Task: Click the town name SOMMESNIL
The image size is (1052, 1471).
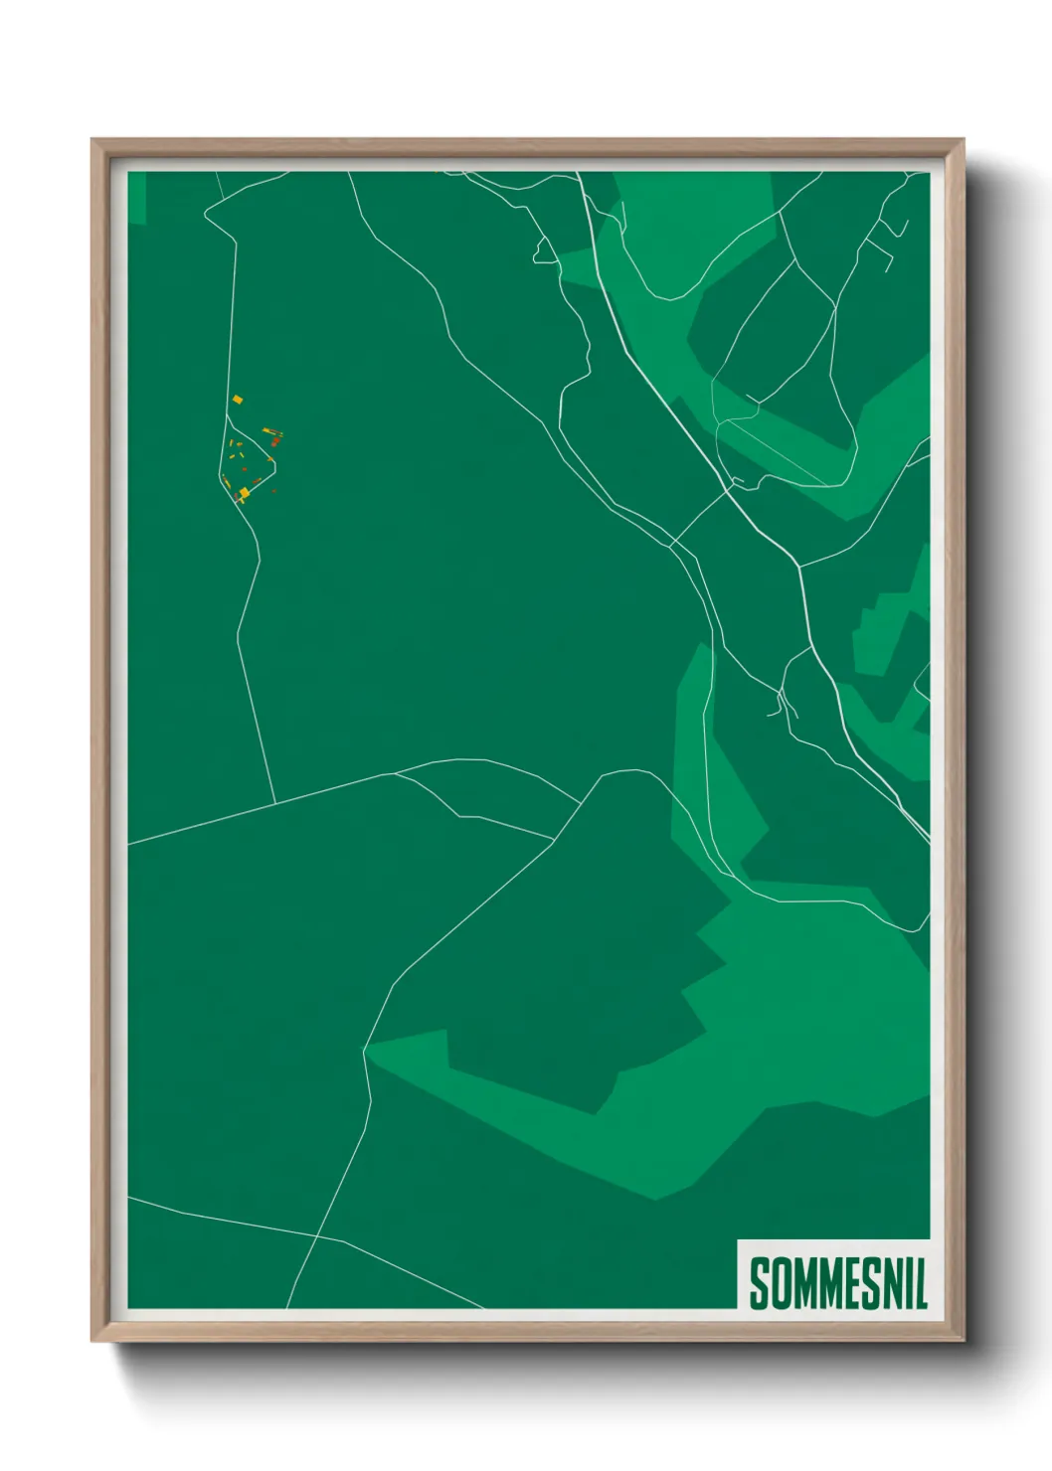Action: click(837, 1283)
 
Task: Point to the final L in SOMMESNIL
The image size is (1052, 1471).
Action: click(921, 1283)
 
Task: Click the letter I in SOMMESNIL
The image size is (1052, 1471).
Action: click(907, 1283)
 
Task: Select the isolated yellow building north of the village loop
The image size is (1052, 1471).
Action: click(238, 400)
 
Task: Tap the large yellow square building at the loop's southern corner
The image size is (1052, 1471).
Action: click(244, 492)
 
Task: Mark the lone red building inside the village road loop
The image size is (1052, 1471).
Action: click(244, 468)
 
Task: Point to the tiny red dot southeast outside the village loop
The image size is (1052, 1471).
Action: click(274, 490)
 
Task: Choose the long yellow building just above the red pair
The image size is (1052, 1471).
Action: click(269, 431)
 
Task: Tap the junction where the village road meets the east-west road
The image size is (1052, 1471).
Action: click(274, 803)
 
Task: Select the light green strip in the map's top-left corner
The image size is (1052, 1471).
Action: click(137, 197)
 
